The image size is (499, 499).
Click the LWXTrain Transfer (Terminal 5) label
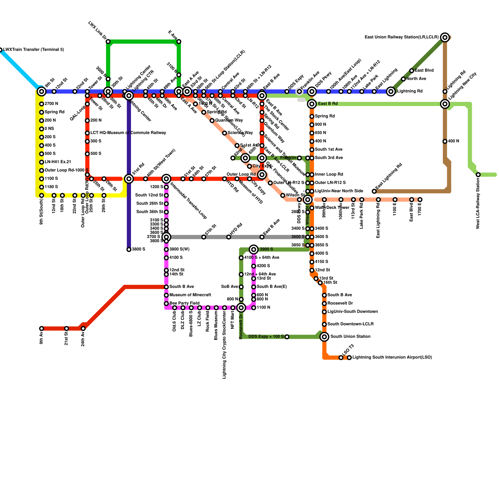click(x=34, y=50)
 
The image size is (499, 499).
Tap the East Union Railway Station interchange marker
click(x=445, y=37)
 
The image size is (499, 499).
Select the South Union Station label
click(x=350, y=337)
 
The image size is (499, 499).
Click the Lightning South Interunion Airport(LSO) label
click(x=392, y=357)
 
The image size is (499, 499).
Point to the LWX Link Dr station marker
click(x=108, y=41)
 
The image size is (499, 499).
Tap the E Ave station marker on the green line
click(x=179, y=41)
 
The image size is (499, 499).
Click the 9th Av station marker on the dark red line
click(x=41, y=328)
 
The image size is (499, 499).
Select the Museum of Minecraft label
click(x=190, y=295)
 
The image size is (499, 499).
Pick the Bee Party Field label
click(x=184, y=303)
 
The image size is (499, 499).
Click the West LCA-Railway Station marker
click(x=478, y=175)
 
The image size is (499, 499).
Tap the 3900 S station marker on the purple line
click(x=129, y=249)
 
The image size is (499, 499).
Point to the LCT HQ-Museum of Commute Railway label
click(x=128, y=133)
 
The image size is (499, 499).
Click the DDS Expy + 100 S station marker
click(x=287, y=337)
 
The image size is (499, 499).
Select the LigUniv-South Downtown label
click(x=352, y=312)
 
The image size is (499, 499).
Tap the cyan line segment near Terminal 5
click(x=19, y=68)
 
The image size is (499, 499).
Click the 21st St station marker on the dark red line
click(x=66, y=328)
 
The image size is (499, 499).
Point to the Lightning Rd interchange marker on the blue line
click(x=391, y=91)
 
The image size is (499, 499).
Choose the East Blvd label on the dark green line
click(x=424, y=70)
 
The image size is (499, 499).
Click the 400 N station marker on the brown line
click(x=445, y=141)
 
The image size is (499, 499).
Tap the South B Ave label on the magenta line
click(x=182, y=287)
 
